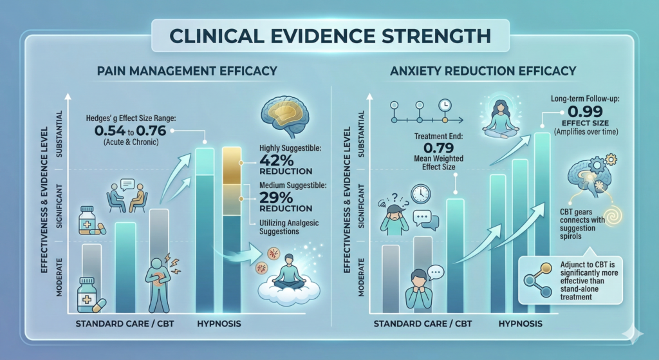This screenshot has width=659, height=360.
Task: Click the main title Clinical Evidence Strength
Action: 329,33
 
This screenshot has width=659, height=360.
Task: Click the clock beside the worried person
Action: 420,194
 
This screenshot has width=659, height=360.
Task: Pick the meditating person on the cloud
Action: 284,277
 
